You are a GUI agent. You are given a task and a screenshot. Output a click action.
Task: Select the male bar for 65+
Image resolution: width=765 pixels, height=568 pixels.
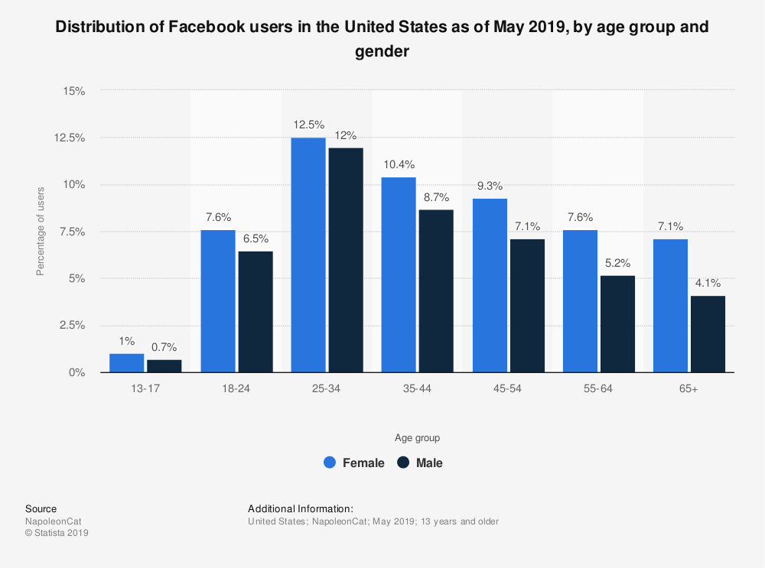click(x=708, y=334)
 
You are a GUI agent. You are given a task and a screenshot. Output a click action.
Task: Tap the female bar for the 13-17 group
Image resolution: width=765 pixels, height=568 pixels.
click(x=126, y=363)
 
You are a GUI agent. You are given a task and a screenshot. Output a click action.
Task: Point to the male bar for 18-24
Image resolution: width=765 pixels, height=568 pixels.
click(x=255, y=311)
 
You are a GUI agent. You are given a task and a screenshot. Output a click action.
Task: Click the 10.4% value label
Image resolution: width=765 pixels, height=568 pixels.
click(x=398, y=164)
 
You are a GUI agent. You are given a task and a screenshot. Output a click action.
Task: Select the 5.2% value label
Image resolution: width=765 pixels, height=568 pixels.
click(x=617, y=262)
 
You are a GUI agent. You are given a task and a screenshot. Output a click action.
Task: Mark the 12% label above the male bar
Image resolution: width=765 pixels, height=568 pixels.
click(x=345, y=135)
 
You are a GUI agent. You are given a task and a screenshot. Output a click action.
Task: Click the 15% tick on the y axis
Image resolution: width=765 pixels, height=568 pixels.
click(x=74, y=90)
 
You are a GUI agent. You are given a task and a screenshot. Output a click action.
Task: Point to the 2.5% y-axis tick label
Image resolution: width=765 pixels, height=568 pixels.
click(x=72, y=326)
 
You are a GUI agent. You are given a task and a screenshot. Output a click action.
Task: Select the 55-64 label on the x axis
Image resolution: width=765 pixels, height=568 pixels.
click(x=597, y=389)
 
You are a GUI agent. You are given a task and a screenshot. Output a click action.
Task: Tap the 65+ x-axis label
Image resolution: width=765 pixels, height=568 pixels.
click(x=688, y=389)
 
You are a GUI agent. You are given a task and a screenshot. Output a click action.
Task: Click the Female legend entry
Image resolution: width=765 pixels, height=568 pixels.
click(x=363, y=463)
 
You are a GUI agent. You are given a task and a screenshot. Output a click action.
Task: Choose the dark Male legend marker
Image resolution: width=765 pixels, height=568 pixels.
click(x=403, y=463)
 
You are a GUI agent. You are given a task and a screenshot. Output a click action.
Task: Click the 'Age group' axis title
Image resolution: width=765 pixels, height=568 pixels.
click(x=417, y=438)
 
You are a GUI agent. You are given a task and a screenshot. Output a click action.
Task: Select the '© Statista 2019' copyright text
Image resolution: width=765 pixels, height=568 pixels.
click(x=57, y=533)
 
